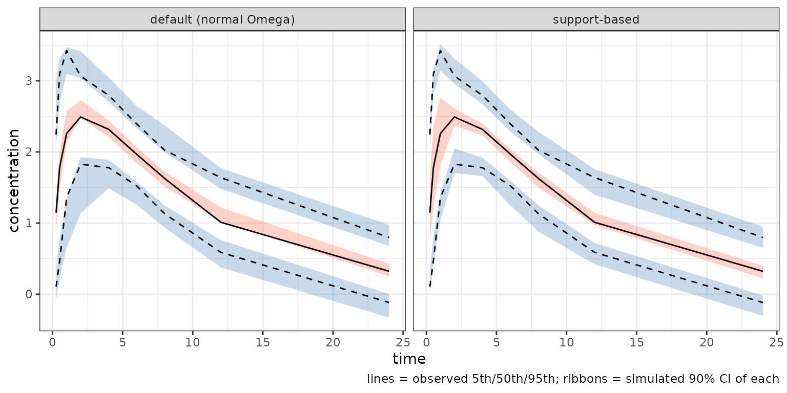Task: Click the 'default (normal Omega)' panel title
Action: [222, 19]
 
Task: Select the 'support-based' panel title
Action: [596, 19]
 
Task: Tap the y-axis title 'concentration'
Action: [14, 181]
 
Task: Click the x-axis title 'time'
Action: [409, 359]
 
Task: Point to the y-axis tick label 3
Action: [29, 81]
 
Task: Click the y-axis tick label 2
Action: [29, 152]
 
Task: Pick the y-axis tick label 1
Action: [29, 223]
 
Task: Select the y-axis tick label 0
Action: [29, 294]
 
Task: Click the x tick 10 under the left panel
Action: [193, 342]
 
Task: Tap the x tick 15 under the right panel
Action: [636, 342]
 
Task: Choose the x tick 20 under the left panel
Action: [333, 342]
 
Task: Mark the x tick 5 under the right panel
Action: [496, 342]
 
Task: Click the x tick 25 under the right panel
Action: [776, 342]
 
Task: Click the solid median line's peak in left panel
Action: [80, 117]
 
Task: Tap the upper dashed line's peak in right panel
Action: [440, 50]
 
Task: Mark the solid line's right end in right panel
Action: [763, 271]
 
